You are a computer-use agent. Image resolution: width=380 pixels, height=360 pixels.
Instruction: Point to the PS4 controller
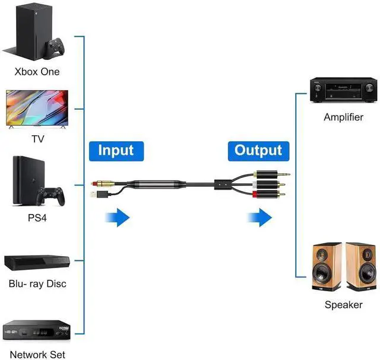click(x=50, y=196)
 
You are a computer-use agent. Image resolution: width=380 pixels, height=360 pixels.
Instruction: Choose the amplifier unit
click(x=343, y=91)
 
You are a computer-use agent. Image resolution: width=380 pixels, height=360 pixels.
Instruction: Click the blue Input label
click(x=116, y=151)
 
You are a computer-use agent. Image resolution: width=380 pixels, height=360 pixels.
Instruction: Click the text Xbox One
click(x=37, y=72)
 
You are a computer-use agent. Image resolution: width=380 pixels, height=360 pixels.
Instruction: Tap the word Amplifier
click(x=343, y=117)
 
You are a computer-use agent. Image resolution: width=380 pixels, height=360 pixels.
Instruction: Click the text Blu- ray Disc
click(x=37, y=283)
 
